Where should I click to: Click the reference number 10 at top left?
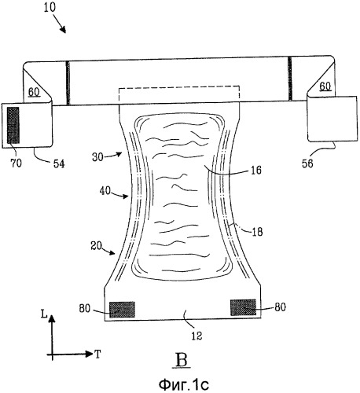coord(50,7)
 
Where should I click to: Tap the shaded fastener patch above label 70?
coord(13,125)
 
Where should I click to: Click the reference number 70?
coord(16,163)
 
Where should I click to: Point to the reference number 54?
coord(59,163)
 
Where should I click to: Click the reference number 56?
coord(307,163)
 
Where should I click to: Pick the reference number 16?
coord(255,171)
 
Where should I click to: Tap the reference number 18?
coord(257,232)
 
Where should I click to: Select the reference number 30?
coord(97,157)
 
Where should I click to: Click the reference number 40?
coord(105,191)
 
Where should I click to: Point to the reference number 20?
coord(96,246)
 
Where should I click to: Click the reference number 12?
coord(197,336)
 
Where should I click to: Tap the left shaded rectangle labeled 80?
coord(122,310)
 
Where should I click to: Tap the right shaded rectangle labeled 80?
coord(243,307)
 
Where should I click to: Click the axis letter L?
coord(44,314)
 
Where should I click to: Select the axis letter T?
coord(97,354)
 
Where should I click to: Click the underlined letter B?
coord(182,361)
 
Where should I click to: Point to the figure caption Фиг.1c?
coord(183,384)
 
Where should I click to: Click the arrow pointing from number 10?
coord(59,24)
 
